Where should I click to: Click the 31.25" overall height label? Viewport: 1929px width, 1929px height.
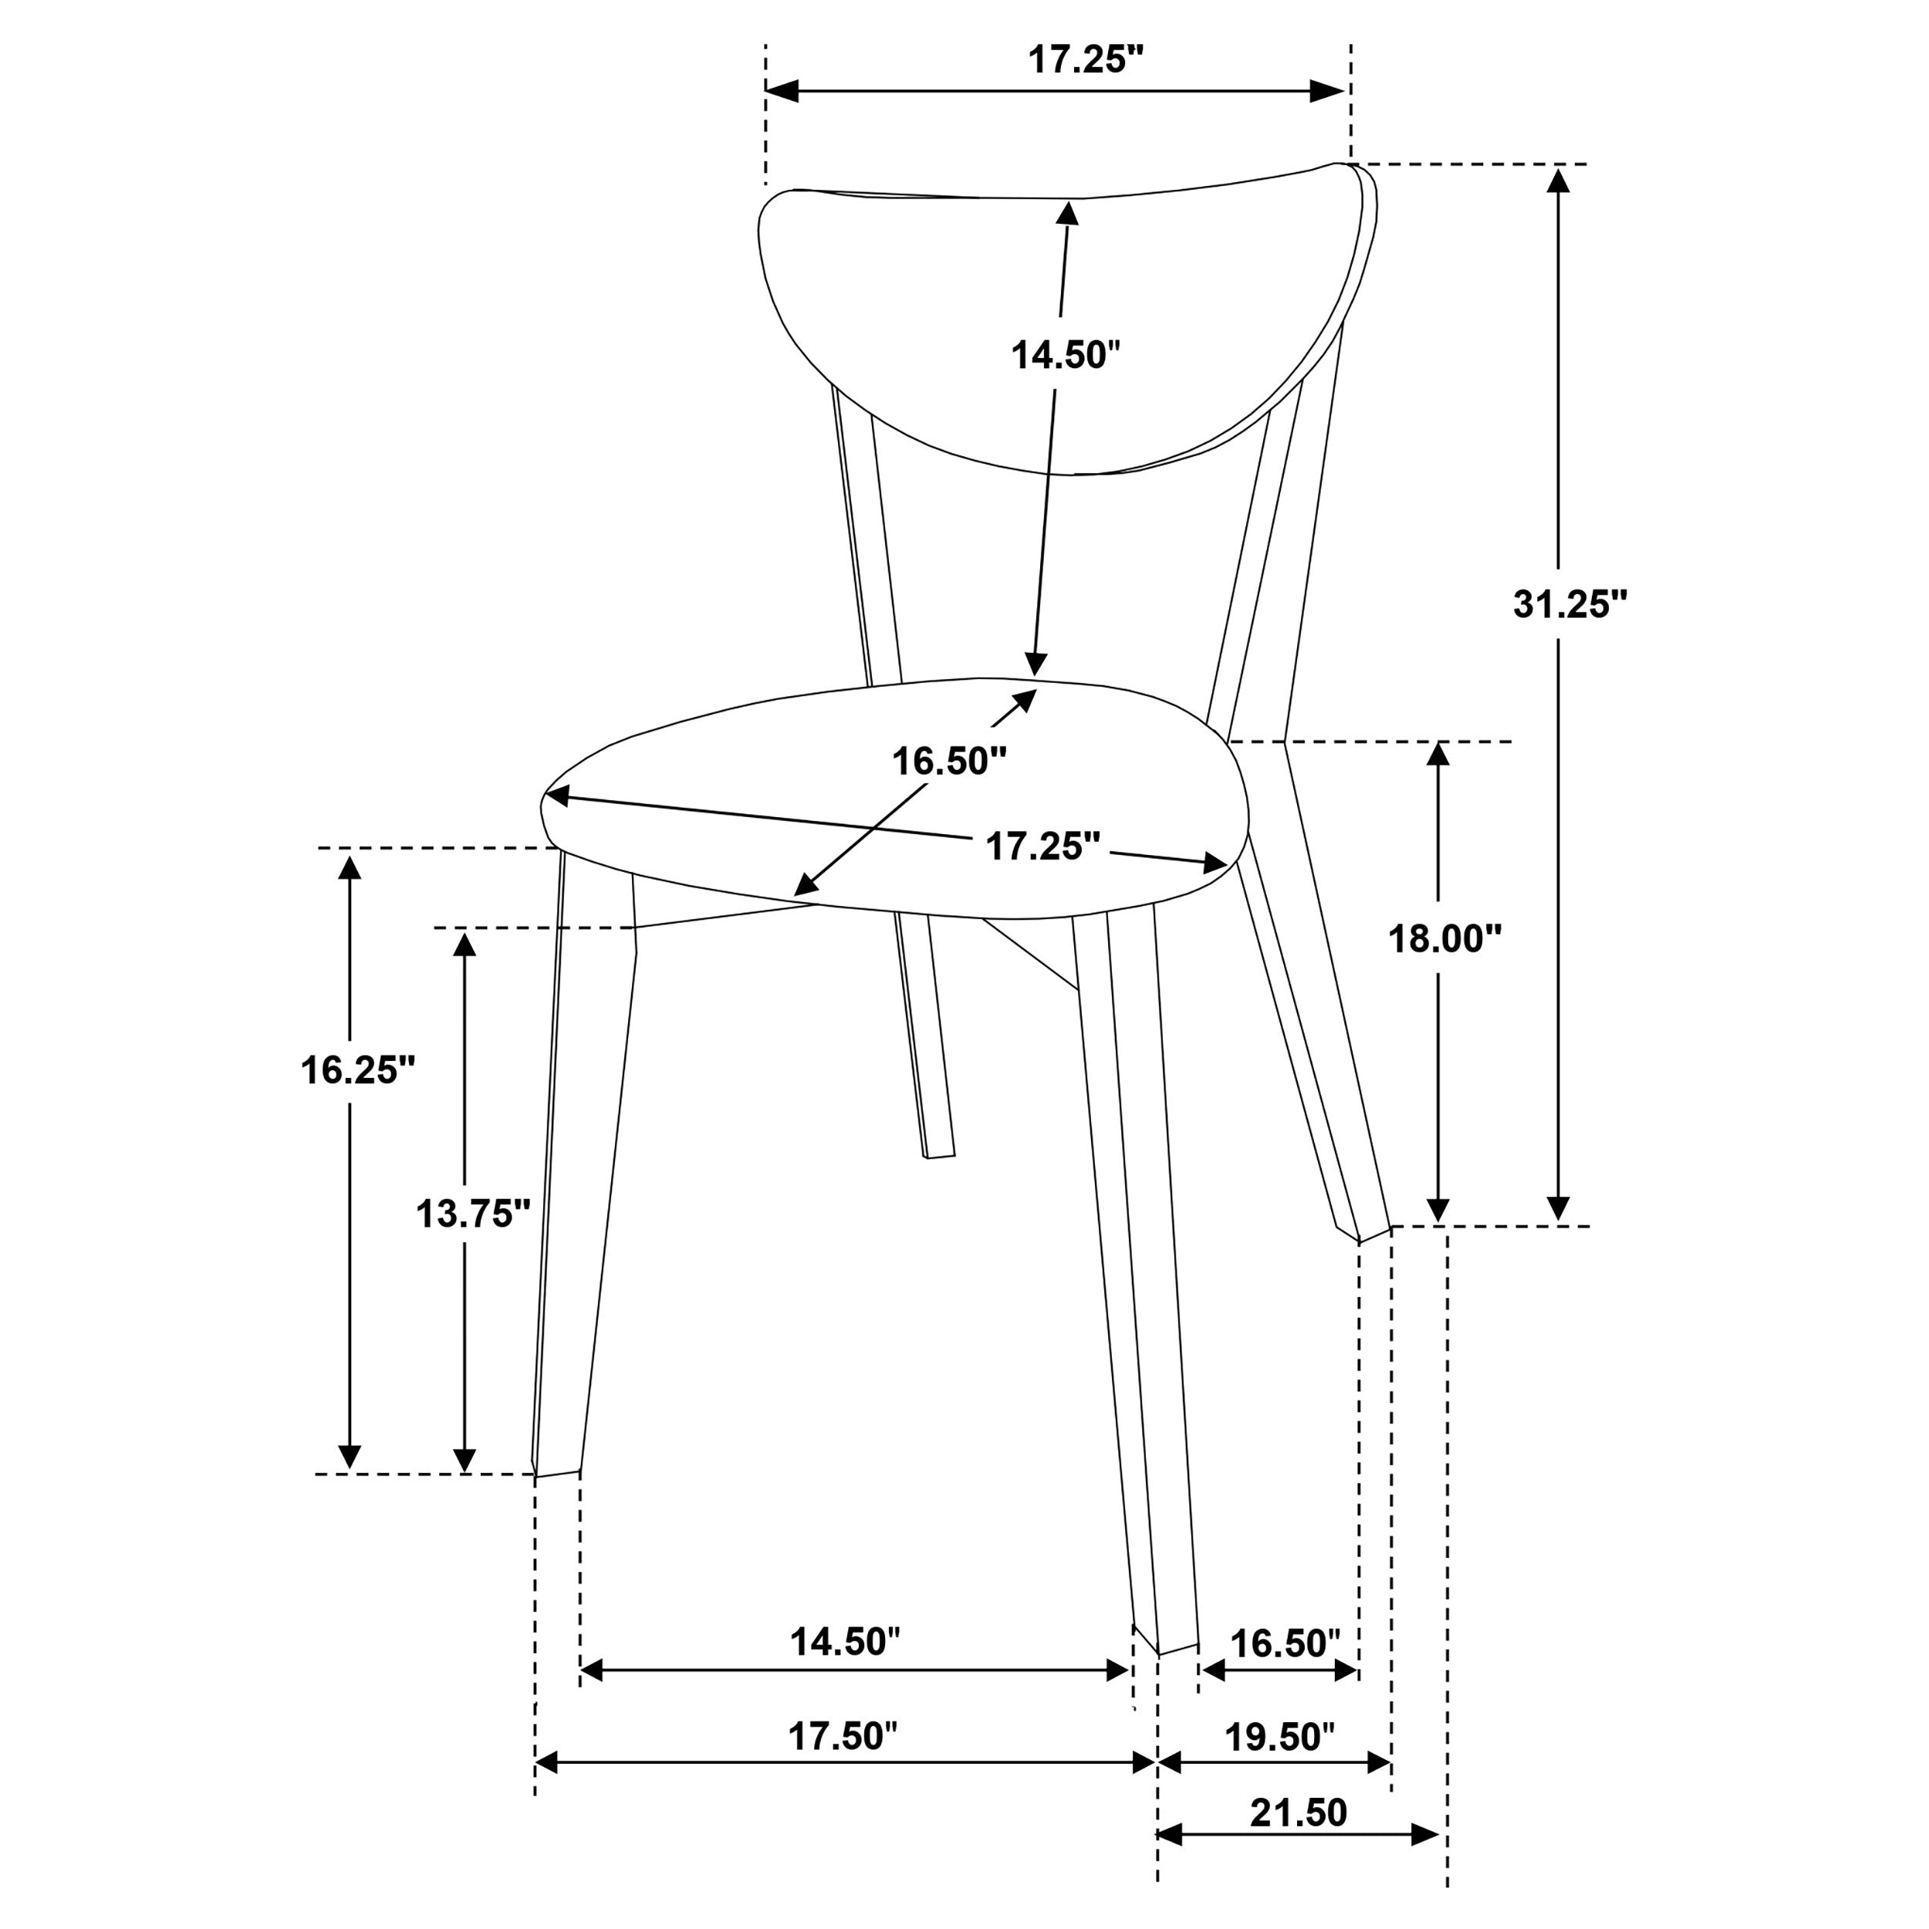point(1569,604)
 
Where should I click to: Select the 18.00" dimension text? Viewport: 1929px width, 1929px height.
point(1444,937)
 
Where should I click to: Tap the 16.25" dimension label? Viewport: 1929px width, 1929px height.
point(357,1069)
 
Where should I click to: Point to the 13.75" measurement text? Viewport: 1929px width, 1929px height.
point(472,1214)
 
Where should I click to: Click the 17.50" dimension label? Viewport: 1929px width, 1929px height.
point(843,1736)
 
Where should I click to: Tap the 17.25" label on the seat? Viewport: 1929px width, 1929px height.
point(1042,846)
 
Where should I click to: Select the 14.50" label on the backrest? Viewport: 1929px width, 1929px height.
point(1066,354)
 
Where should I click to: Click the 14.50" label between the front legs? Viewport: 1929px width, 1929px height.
point(845,1641)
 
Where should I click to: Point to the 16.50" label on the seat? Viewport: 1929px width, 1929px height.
point(948,761)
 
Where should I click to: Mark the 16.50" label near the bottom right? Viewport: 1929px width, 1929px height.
point(1284,1643)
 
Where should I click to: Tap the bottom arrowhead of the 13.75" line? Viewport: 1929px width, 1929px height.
point(465,1459)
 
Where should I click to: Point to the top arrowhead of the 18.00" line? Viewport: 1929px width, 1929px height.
point(1437,754)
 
